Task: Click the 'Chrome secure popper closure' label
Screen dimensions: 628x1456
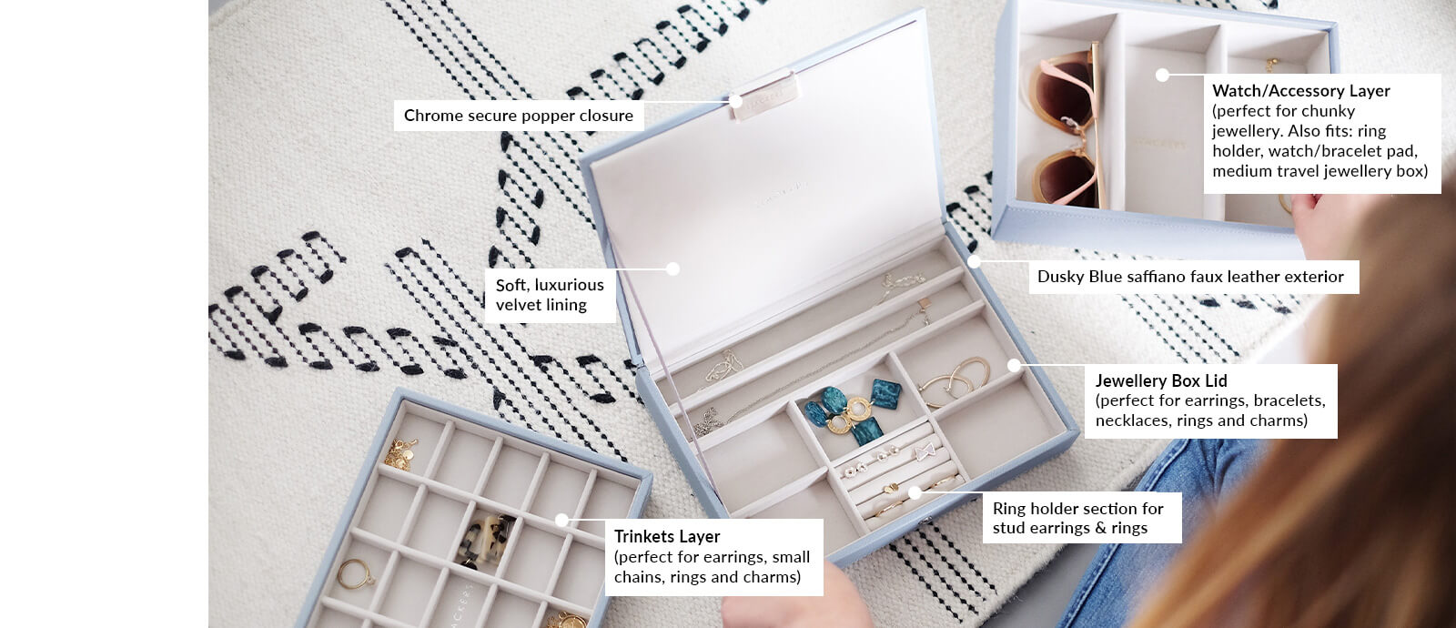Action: [x=518, y=116]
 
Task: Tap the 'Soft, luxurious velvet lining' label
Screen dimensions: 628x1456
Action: [x=550, y=295]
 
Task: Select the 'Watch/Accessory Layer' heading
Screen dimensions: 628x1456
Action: [x=1300, y=91]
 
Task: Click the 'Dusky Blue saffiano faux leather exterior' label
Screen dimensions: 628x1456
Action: [x=1190, y=277]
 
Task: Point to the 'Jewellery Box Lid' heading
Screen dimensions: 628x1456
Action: [x=1160, y=380]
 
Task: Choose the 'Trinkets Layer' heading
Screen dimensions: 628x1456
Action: [x=666, y=537]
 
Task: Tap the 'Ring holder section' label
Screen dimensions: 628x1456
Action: [x=1077, y=518]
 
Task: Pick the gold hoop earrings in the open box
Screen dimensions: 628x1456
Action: [x=955, y=378]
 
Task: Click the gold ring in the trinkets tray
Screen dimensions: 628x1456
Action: [x=353, y=573]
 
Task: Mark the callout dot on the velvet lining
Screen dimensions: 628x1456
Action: [x=672, y=268]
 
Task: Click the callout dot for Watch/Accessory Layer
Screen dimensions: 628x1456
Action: [x=1162, y=75]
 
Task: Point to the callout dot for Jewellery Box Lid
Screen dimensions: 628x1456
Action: [x=1015, y=366]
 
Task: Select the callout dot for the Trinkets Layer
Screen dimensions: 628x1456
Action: [x=561, y=521]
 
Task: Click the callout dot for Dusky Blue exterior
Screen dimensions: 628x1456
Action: [x=974, y=261]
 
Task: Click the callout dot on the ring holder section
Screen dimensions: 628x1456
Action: [x=915, y=492]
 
